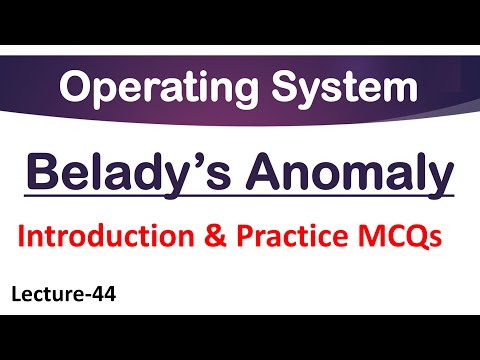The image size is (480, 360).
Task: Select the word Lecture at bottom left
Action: click(x=49, y=295)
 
